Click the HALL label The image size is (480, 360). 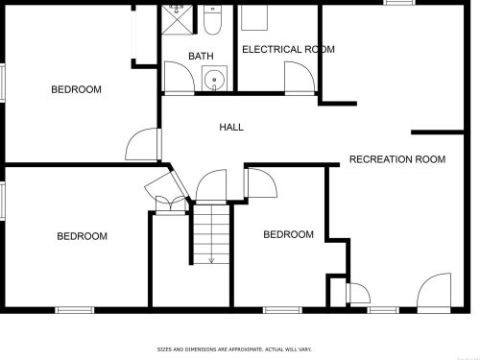(x=231, y=127)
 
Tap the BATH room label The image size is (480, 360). (x=201, y=56)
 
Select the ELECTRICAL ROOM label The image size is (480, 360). (x=288, y=49)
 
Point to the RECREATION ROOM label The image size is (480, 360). (x=397, y=159)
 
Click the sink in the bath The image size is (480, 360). (x=214, y=79)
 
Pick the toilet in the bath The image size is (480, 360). (x=212, y=20)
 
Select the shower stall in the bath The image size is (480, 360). (x=178, y=19)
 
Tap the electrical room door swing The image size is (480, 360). (x=300, y=77)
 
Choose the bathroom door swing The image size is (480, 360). (x=180, y=77)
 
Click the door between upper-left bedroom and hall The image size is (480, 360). (x=143, y=144)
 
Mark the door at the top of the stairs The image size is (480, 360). (x=211, y=186)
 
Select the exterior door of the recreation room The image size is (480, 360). (x=434, y=292)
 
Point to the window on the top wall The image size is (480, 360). (x=400, y=3)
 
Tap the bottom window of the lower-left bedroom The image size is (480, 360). (x=75, y=310)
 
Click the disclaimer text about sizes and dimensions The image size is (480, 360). (x=234, y=349)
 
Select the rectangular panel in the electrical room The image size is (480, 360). (x=254, y=17)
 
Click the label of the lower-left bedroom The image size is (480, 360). (x=82, y=236)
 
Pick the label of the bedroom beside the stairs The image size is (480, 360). (x=288, y=234)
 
